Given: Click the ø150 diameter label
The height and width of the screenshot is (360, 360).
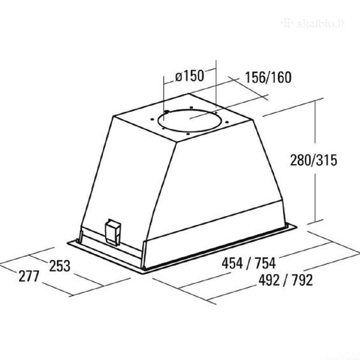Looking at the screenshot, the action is [190, 76].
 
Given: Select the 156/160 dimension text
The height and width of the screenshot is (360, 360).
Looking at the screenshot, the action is [268, 77].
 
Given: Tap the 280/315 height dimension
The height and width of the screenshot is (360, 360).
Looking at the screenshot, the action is [314, 160].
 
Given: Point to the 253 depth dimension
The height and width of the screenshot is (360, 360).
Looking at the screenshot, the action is [60, 266].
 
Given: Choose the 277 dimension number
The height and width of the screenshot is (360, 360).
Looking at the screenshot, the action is [29, 276].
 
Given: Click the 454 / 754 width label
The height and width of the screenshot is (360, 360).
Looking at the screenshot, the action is [249, 263].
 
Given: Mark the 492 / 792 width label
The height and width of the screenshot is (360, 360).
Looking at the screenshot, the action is [286, 280].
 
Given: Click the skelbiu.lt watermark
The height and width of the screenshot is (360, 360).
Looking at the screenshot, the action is [313, 24].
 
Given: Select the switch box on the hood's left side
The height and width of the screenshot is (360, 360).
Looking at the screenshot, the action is [112, 232].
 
